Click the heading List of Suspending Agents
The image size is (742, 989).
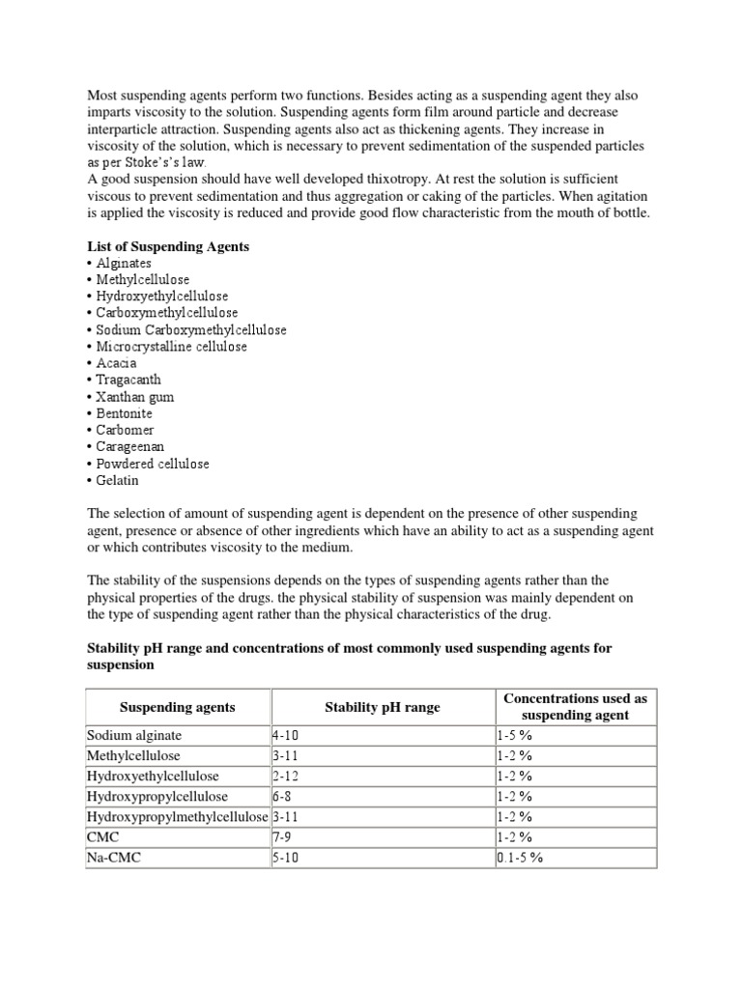(168, 246)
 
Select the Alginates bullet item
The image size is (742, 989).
(124, 263)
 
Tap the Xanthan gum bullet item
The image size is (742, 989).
(135, 397)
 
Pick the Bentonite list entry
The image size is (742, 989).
(124, 413)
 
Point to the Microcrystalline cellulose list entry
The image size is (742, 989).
(171, 346)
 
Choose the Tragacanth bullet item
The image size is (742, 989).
(128, 380)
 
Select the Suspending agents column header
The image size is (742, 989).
(177, 707)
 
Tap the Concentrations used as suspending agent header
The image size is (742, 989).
(575, 707)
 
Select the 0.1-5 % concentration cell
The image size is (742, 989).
(520, 858)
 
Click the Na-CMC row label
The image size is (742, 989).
(113, 858)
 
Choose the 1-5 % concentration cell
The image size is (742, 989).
(514, 735)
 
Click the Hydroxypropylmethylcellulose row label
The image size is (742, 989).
(178, 816)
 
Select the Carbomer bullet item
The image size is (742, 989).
(125, 430)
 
